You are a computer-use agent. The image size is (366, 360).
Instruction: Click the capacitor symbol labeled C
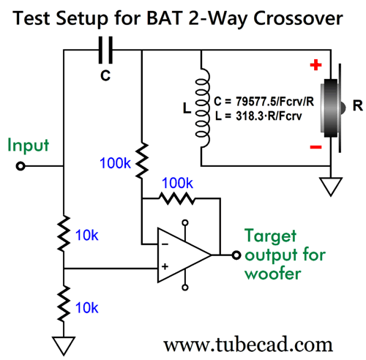point(105,50)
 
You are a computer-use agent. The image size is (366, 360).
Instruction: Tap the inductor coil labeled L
point(202,108)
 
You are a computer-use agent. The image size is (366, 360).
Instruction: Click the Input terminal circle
point(20,166)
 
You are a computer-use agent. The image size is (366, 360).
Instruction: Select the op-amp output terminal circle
point(236,255)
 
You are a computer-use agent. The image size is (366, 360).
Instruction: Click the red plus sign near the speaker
point(315,64)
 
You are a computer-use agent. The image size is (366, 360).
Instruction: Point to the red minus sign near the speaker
point(315,147)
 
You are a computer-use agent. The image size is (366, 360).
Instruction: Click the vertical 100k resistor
point(142,160)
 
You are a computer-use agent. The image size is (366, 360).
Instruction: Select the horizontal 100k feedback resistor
point(177,198)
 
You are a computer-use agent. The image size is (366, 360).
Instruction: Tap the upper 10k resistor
point(64,233)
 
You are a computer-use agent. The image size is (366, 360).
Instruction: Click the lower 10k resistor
point(64,304)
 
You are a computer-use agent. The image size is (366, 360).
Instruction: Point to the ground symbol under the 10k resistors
point(64,346)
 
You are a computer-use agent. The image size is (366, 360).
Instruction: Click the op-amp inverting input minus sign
point(165,244)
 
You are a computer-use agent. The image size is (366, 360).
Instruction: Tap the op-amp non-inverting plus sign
point(165,266)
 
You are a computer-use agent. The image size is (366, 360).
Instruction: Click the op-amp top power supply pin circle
point(185,222)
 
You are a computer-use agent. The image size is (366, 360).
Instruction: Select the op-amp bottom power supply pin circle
point(185,288)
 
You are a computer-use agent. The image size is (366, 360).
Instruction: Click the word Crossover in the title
point(298,18)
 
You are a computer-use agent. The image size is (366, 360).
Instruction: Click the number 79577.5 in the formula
point(255,101)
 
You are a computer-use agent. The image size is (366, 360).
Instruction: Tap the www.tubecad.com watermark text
point(248,345)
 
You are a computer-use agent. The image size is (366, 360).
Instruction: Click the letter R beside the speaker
point(358,106)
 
